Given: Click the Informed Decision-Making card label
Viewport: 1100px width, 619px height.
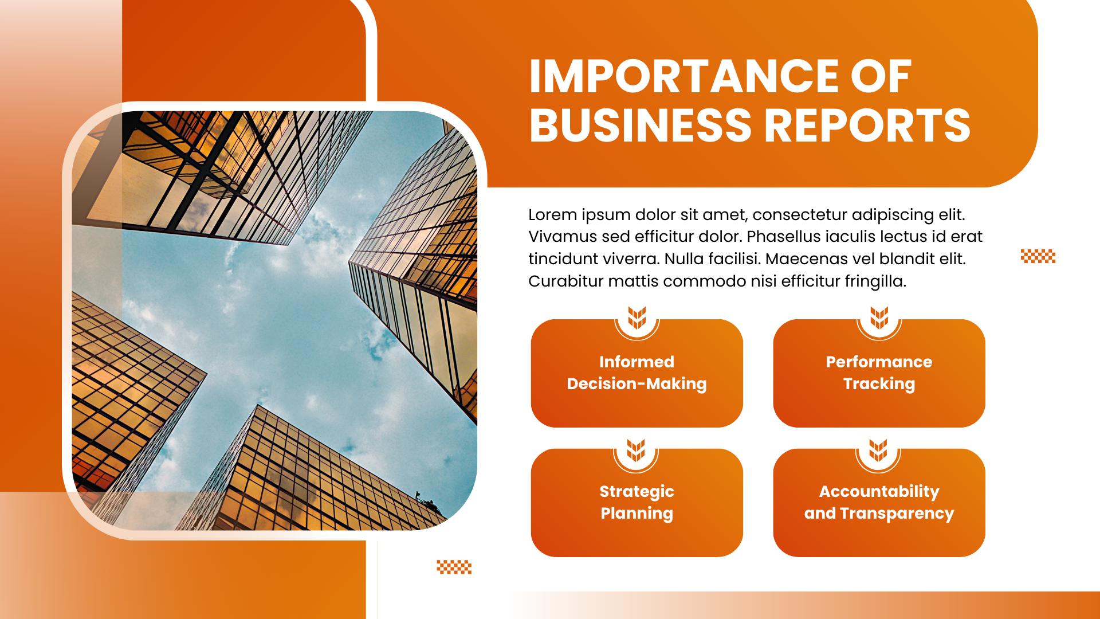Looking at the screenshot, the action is pos(637,373).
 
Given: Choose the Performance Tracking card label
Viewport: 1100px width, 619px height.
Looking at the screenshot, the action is pos(879,373).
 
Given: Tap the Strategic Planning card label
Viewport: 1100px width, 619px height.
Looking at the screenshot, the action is pos(637,502).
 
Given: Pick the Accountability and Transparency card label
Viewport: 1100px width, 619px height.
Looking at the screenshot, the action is pos(879,502).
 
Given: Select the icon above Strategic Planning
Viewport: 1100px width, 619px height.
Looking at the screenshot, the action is pos(636,450).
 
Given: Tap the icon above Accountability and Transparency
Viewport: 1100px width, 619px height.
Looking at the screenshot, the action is pos(878,450).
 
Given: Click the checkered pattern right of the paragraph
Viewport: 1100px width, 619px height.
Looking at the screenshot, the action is pos(1038,256).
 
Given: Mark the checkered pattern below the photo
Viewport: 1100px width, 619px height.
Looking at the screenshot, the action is pos(454,567).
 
